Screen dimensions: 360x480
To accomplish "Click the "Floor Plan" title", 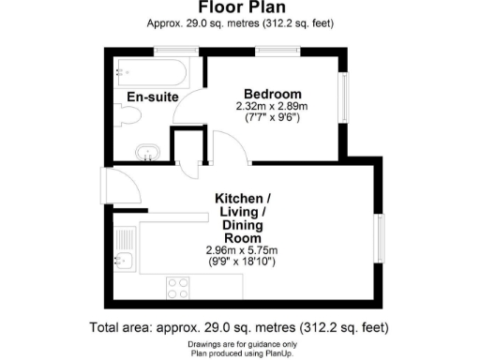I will point(240,8).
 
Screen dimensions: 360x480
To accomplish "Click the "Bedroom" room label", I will point(273,94).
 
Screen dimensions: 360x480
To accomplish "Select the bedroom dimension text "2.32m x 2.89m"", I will point(273,107).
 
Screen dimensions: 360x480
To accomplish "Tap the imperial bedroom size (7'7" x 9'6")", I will point(273,119).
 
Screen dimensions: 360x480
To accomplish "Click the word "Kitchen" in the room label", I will point(243,199).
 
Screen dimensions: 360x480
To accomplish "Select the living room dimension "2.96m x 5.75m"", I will point(243,250).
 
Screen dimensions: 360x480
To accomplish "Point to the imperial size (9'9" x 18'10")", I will point(243,262).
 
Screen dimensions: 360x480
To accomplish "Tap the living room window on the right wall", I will point(380,239).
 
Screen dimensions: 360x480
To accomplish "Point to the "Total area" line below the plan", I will point(240,328).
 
